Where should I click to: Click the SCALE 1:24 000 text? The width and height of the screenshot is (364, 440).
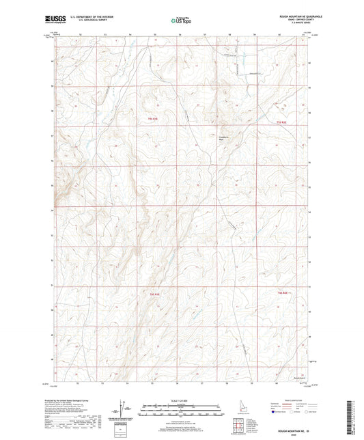[181, 401]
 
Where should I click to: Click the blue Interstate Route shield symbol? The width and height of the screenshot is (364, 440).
[275, 412]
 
